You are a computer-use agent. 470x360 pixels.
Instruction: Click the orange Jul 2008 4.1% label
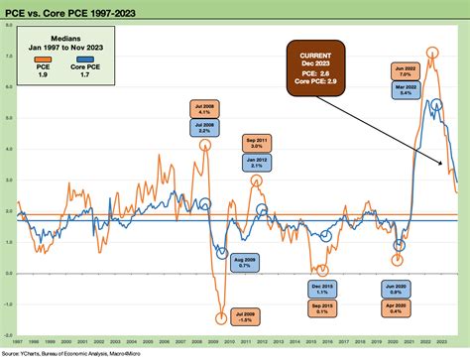204,109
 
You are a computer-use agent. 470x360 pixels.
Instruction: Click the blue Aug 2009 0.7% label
243,262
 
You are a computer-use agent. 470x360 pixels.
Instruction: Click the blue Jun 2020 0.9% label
394,289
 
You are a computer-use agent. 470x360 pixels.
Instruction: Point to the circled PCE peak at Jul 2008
205,145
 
